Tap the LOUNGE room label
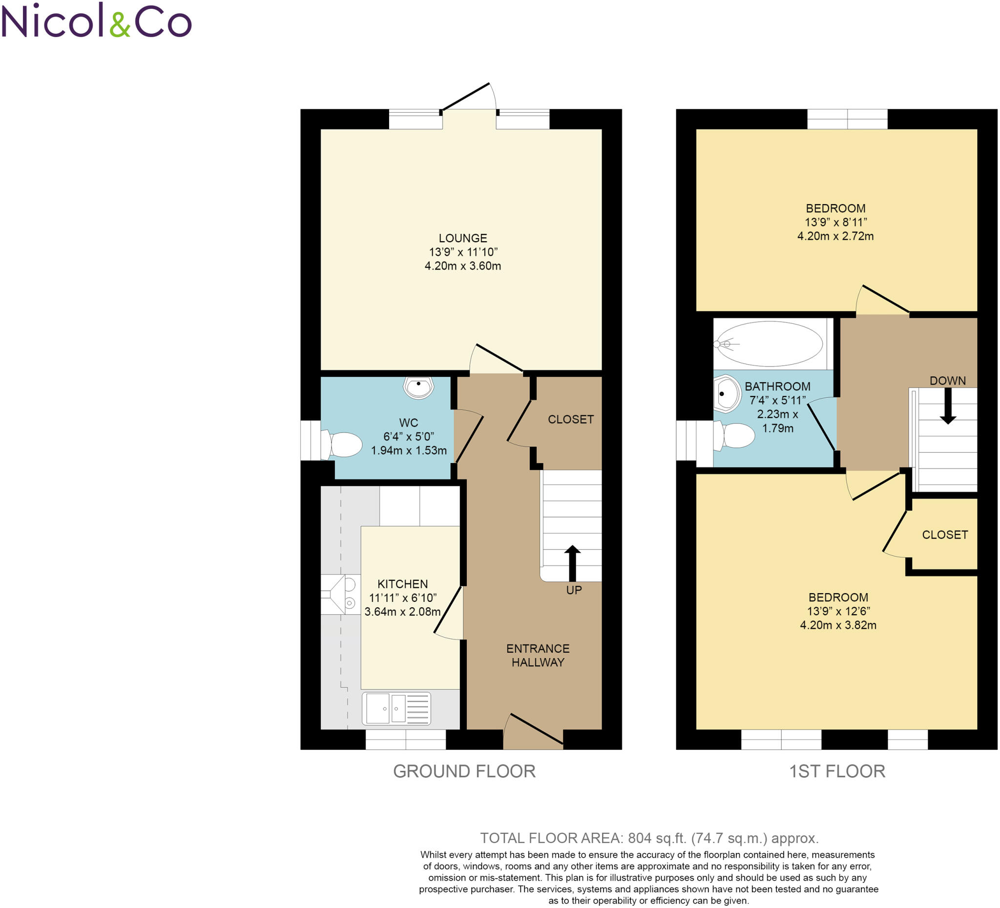pyautogui.click(x=463, y=238)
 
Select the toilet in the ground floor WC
pyautogui.click(x=344, y=444)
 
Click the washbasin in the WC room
pyautogui.click(x=418, y=387)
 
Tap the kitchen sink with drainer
pyautogui.click(x=397, y=708)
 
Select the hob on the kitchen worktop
pyautogui.click(x=341, y=594)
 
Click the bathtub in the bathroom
pyautogui.click(x=771, y=344)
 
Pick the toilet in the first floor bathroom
pyautogui.click(x=736, y=435)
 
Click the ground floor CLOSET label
pyautogui.click(x=570, y=419)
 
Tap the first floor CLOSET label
pyautogui.click(x=944, y=535)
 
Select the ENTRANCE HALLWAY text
pyautogui.click(x=538, y=655)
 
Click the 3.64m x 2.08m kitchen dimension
pyautogui.click(x=402, y=612)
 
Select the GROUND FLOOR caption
pyautogui.click(x=464, y=772)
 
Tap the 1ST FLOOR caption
pyautogui.click(x=837, y=772)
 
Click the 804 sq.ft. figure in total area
pyautogui.click(x=657, y=838)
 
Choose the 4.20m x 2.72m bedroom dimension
pyautogui.click(x=835, y=236)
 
